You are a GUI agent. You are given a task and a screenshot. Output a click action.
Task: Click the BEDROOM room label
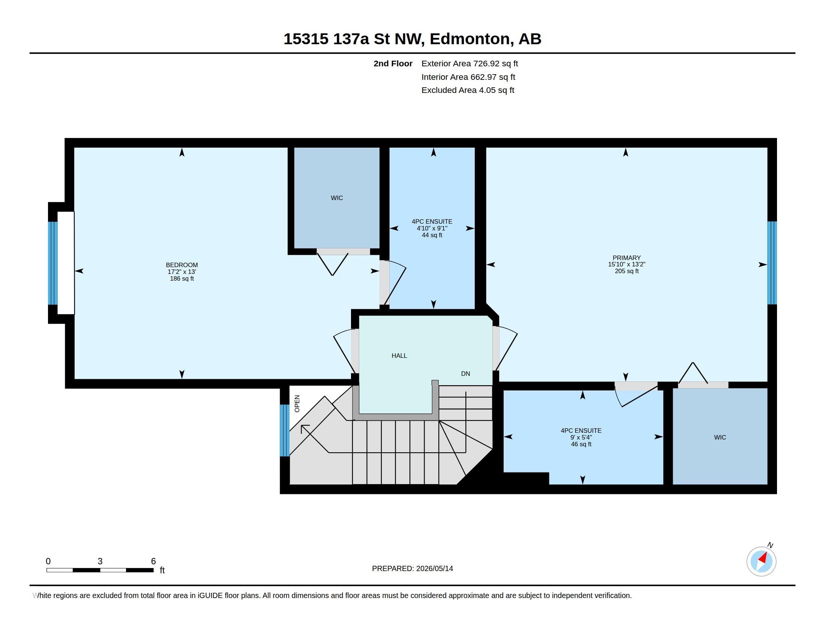point(182,265)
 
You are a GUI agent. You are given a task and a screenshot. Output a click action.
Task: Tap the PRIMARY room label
point(627,258)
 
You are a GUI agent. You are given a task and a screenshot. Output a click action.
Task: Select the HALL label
point(399,356)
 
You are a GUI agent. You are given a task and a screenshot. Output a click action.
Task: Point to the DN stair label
point(465,374)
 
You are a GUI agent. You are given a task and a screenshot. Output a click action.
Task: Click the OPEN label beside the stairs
point(297,404)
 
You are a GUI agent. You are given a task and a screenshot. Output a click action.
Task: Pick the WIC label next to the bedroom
point(337,198)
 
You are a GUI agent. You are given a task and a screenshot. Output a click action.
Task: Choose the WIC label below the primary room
point(720,437)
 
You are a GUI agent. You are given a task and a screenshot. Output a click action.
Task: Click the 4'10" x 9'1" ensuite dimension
point(432,228)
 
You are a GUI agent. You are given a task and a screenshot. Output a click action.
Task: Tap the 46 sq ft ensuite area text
point(581,444)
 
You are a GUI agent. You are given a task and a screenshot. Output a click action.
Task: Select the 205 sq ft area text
point(627,271)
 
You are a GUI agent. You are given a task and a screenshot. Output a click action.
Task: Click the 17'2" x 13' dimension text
point(182,272)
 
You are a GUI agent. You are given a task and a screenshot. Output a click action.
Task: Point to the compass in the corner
point(762,561)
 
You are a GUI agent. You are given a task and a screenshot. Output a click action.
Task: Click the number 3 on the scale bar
point(100,561)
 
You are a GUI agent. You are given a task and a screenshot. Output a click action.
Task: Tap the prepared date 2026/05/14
point(434,568)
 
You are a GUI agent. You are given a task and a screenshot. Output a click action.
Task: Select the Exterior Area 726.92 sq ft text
point(469,63)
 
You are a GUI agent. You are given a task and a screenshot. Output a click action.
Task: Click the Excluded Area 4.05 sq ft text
point(468,90)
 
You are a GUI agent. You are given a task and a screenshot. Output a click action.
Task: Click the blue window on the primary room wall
point(772,263)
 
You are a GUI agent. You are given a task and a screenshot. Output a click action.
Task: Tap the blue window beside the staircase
point(285,430)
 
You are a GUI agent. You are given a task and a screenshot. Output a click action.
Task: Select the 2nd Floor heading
point(393,63)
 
